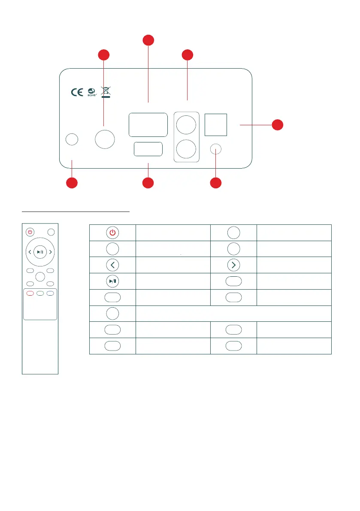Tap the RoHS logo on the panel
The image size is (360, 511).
[x=91, y=92]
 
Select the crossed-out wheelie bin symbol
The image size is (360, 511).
[x=106, y=91]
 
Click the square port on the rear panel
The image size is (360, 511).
[x=216, y=125]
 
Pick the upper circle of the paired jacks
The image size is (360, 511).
[x=187, y=125]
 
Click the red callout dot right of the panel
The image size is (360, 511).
[x=278, y=124]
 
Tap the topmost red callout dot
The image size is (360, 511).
[x=148, y=40]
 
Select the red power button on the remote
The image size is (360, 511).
[x=30, y=232]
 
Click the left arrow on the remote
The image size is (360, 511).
[x=29, y=252]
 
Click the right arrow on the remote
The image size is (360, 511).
[x=51, y=252]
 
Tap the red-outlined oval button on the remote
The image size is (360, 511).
[x=30, y=293]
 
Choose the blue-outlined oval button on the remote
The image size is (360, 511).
[x=50, y=293]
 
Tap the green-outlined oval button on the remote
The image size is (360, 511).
[x=40, y=293]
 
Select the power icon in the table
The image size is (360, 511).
[x=112, y=232]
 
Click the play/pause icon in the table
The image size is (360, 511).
[x=112, y=281]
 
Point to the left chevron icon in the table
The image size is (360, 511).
[x=112, y=265]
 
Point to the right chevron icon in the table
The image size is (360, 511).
[x=233, y=265]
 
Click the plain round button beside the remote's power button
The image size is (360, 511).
[x=51, y=232]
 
